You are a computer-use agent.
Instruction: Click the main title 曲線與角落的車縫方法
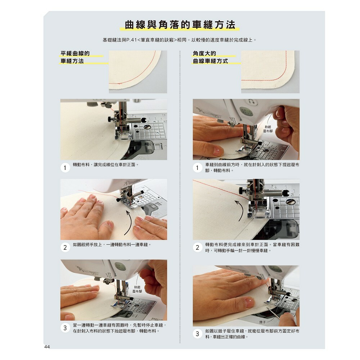(180, 25)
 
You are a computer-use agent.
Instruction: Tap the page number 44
(47, 347)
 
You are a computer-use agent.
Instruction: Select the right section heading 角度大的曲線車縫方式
(210, 57)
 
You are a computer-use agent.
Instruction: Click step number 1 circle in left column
(65, 168)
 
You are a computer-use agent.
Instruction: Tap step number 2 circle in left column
(65, 248)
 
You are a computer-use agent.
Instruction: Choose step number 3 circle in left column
(65, 328)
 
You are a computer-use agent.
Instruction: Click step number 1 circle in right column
(197, 168)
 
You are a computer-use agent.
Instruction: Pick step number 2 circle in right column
(197, 248)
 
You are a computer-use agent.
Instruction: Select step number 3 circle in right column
(197, 334)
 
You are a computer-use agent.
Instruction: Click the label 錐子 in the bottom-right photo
(262, 322)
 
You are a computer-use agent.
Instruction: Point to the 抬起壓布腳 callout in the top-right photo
(268, 129)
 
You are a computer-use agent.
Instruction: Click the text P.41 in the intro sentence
(131, 40)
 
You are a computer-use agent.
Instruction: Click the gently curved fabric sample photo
(138, 72)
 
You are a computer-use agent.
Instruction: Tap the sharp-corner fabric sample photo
(270, 72)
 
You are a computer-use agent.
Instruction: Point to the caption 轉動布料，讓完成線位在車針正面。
(106, 165)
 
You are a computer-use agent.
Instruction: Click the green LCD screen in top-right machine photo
(245, 111)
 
